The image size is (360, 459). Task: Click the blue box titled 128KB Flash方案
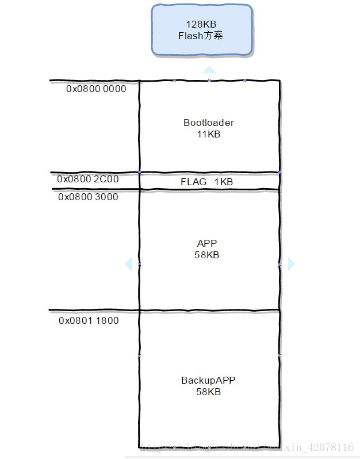[x=202, y=30]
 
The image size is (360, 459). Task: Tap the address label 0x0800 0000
[x=96, y=89]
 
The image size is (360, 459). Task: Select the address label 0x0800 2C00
[x=88, y=179]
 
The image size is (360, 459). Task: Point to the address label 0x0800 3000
[x=88, y=197]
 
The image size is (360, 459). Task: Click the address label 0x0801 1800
[x=89, y=320]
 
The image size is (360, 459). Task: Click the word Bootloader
[x=209, y=123]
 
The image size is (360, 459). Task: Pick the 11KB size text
[x=208, y=134]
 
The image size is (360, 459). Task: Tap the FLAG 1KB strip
[x=209, y=182]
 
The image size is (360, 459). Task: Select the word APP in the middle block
[x=207, y=243]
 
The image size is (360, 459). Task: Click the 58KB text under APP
[x=207, y=255]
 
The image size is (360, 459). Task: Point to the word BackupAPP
[x=208, y=380]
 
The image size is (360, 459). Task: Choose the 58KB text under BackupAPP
[x=208, y=392]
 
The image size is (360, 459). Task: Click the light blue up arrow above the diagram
[x=209, y=70]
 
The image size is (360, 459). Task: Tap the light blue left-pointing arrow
[x=128, y=264]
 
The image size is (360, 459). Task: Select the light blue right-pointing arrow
[x=291, y=264]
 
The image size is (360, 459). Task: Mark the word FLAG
[x=193, y=182]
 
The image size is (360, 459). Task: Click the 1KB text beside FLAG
[x=224, y=182]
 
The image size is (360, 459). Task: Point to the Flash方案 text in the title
[x=201, y=36]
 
